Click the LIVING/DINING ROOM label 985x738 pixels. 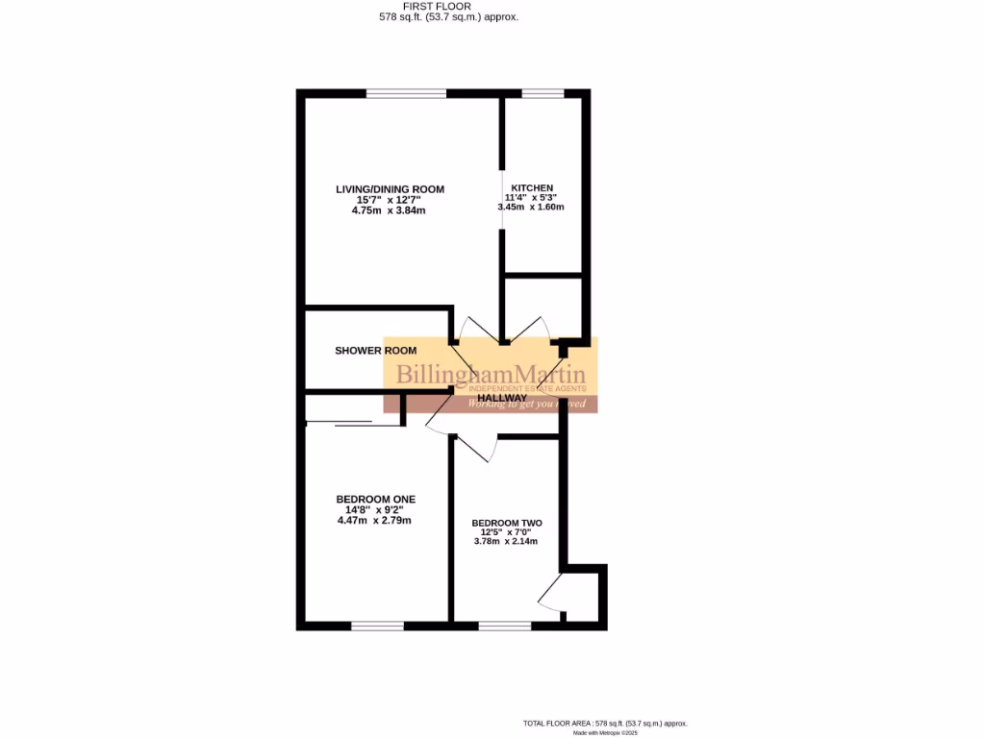(x=390, y=189)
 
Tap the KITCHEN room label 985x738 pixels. (x=531, y=187)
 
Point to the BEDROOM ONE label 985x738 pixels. (x=375, y=500)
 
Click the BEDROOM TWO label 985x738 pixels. (x=507, y=524)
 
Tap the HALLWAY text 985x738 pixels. (x=502, y=398)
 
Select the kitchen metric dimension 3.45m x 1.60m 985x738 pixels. (x=530, y=208)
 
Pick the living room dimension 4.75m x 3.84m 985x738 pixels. (x=390, y=210)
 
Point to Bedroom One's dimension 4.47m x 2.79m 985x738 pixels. (x=374, y=521)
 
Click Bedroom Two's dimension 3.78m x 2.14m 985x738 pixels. (x=505, y=541)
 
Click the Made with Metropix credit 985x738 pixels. (x=605, y=733)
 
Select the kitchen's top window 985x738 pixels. (x=543, y=93)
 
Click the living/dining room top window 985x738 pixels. (x=406, y=93)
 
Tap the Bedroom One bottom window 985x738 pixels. (x=377, y=627)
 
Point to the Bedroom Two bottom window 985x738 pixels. (x=505, y=627)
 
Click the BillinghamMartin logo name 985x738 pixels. (x=491, y=375)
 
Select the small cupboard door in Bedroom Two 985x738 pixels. (x=551, y=594)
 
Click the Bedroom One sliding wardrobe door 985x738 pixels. (x=339, y=422)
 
